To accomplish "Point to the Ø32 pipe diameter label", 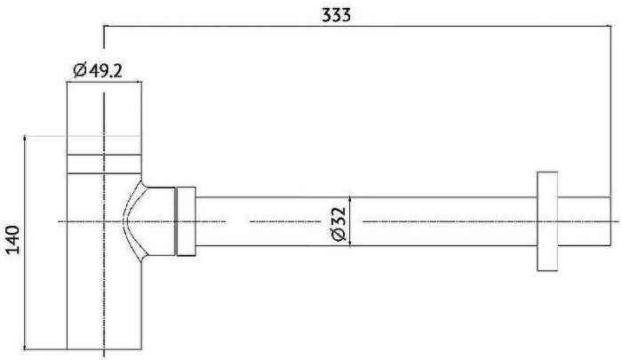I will coord(338,220).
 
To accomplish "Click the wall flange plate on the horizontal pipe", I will coord(547,220).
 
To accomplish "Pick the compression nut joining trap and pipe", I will coord(186,220).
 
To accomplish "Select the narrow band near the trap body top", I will coord(104,164).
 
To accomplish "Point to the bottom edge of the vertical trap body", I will coord(104,349).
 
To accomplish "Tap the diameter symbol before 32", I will coord(338,235).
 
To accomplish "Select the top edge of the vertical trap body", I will coord(104,82).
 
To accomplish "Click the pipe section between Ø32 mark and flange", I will coord(444,220).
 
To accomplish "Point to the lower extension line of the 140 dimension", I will coord(44,349).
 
